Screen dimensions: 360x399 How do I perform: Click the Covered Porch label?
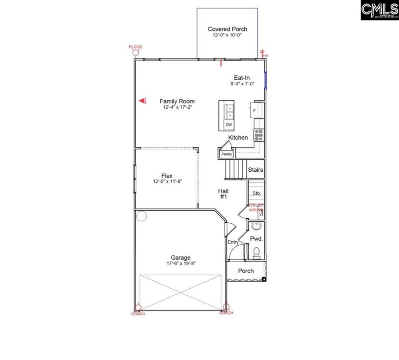click(227, 29)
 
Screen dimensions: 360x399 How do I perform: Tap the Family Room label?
click(178, 101)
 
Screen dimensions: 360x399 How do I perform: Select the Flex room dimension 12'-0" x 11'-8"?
click(167, 182)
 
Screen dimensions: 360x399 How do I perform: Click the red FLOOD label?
click(135, 47)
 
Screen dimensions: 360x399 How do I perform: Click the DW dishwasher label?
click(229, 124)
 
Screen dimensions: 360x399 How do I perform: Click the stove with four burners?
click(259, 134)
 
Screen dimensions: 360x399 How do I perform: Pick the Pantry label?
click(227, 154)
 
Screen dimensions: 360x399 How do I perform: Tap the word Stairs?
click(256, 170)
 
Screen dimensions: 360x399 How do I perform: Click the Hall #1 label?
click(223, 194)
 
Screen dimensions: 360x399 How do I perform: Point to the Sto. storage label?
click(257, 193)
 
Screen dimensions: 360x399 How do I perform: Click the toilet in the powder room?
click(256, 252)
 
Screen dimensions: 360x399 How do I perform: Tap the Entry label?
click(233, 243)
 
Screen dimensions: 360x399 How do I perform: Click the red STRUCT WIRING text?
click(256, 208)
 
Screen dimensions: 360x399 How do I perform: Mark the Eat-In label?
click(242, 78)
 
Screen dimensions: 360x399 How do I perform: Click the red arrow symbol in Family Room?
click(142, 101)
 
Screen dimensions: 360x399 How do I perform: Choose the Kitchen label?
click(238, 137)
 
